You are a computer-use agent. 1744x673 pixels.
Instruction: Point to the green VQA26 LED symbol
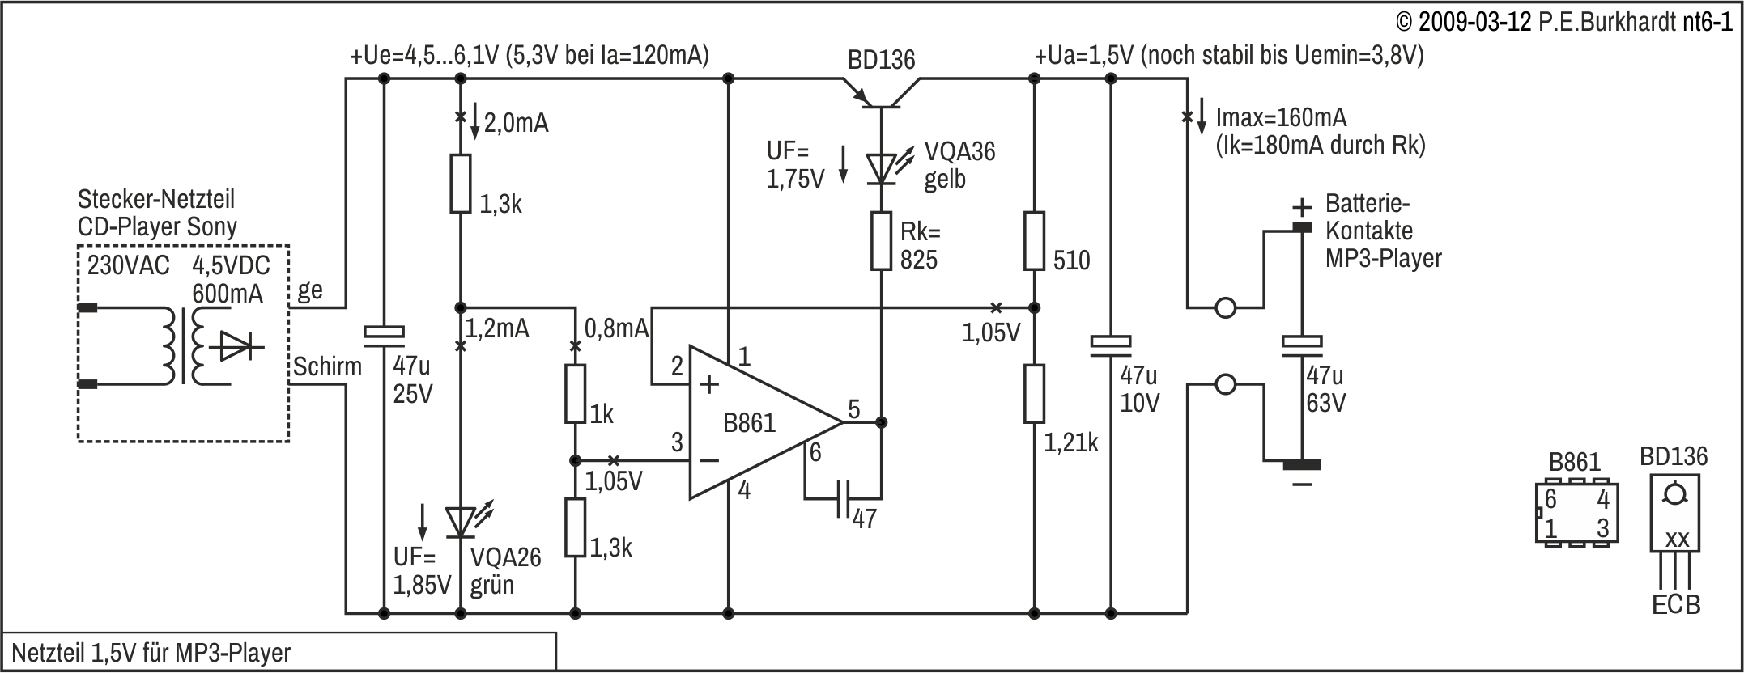coord(462,522)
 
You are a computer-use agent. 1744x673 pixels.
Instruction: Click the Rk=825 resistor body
coord(881,240)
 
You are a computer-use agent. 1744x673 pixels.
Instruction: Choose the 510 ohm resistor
coord(1034,240)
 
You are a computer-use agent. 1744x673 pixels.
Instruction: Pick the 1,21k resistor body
coord(1034,394)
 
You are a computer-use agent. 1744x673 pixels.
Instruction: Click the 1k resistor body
coord(575,394)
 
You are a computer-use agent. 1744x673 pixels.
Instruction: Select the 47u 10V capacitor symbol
coord(1110,344)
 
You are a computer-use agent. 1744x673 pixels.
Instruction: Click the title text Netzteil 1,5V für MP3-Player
coord(151,653)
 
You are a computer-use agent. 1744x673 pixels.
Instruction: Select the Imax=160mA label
coord(1281,118)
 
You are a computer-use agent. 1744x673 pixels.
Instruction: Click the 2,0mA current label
coord(516,123)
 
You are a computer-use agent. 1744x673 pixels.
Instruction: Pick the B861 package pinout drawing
coord(1576,513)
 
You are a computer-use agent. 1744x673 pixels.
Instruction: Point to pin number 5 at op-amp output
coord(854,409)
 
